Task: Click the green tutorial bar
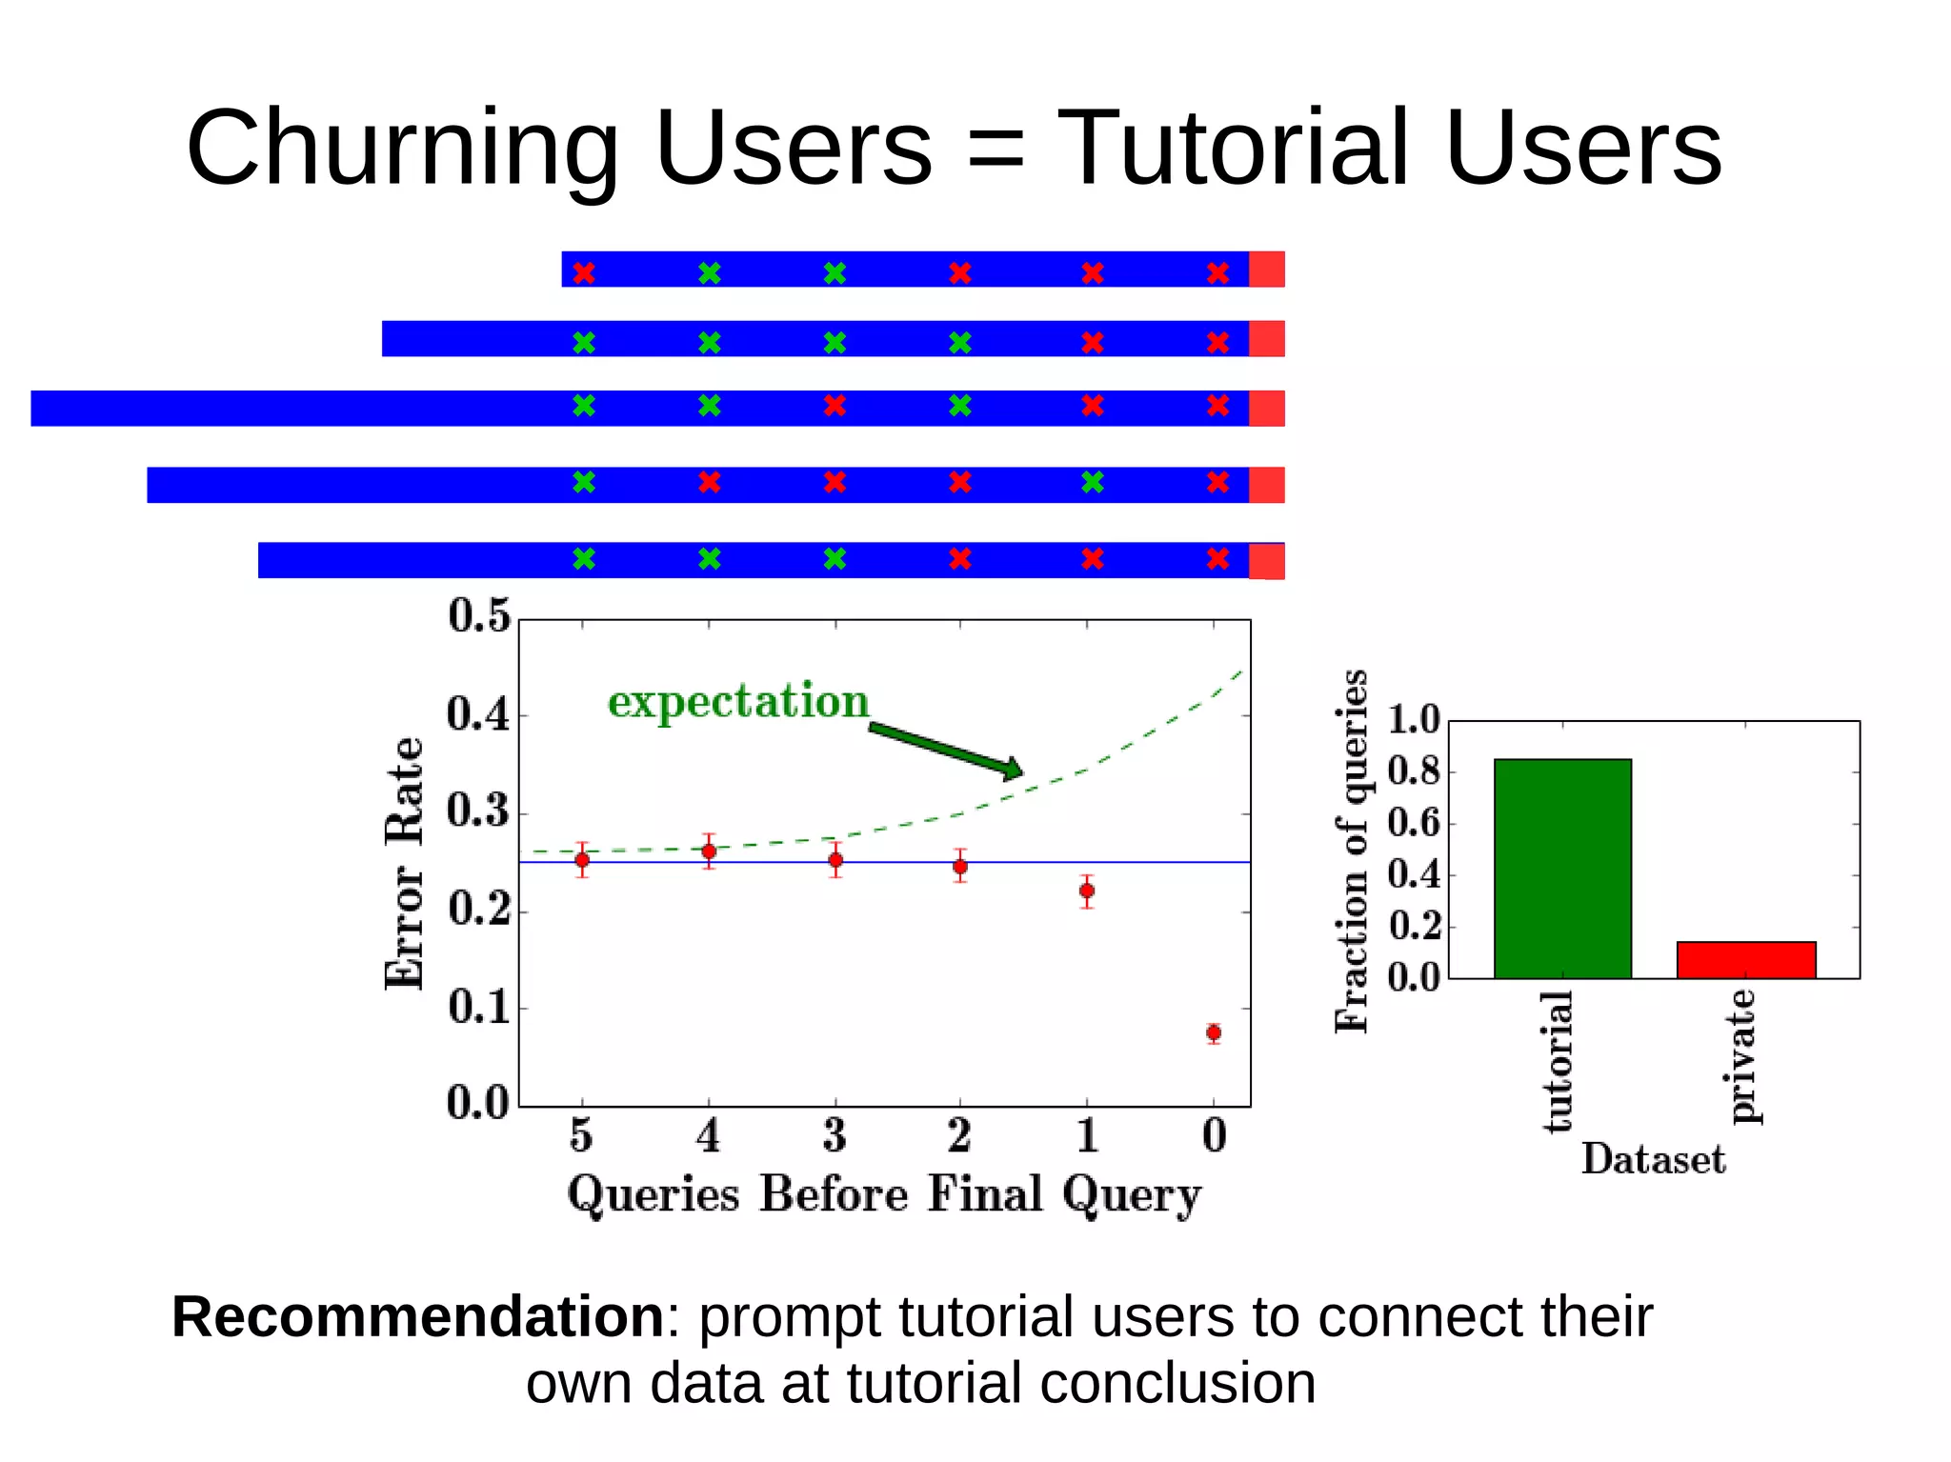coord(1562,868)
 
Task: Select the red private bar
coord(1746,959)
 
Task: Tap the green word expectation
coord(738,702)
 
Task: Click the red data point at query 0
coord(1214,1032)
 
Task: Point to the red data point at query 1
coord(1087,891)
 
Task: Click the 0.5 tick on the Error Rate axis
coord(479,616)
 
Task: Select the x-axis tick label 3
coord(835,1135)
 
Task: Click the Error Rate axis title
coord(404,863)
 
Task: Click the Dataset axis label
coord(1653,1159)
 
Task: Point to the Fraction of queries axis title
coord(1351,851)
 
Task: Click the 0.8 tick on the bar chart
coord(1414,771)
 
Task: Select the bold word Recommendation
coord(417,1317)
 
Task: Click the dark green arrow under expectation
coord(945,751)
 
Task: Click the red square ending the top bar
coord(1266,270)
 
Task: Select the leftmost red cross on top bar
coord(584,273)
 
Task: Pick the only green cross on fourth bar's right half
coord(1093,482)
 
